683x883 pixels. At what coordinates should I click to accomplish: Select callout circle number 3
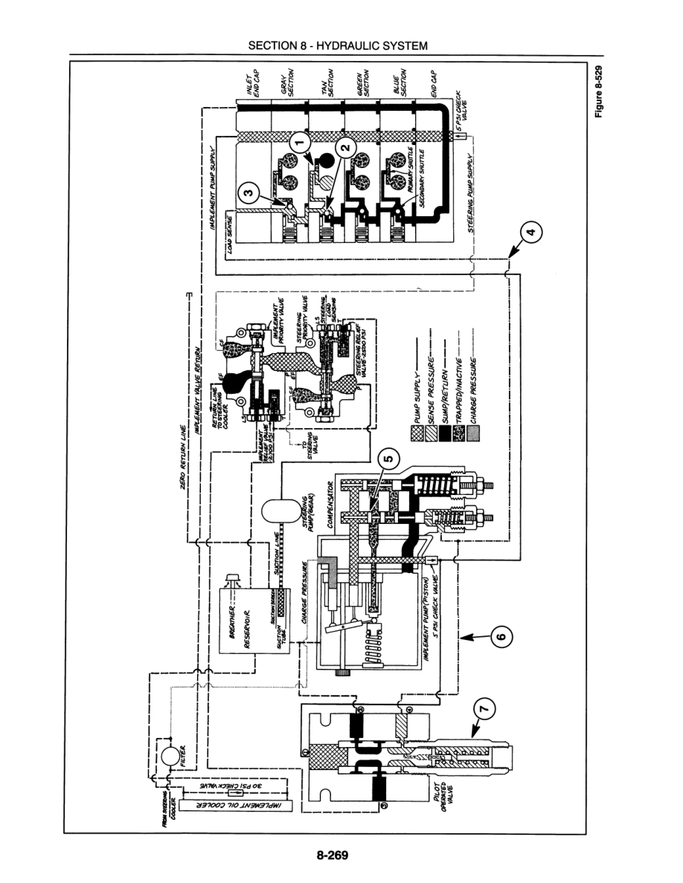(249, 195)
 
